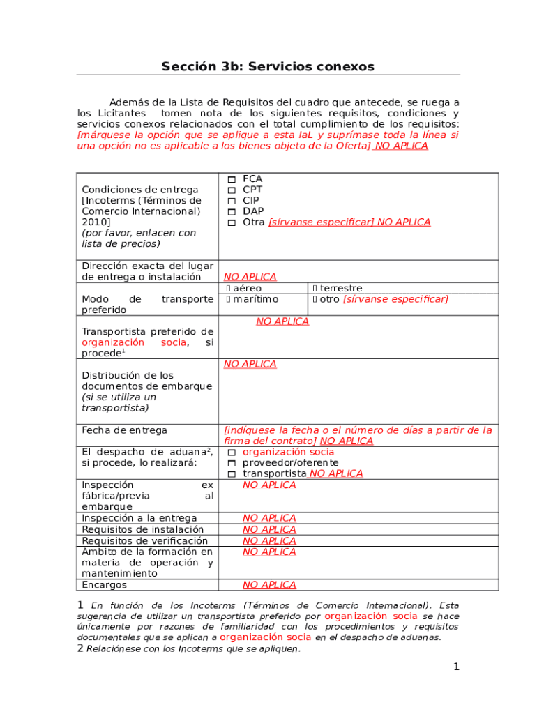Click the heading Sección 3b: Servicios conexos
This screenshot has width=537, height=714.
[268, 67]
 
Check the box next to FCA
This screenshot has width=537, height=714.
[232, 180]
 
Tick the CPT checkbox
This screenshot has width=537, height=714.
[232, 190]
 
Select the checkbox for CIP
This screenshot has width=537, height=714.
[232, 201]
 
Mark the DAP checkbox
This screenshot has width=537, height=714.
[232, 212]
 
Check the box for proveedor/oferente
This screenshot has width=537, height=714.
[232, 463]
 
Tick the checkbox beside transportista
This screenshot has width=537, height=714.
[232, 474]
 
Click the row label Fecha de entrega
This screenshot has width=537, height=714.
[114, 431]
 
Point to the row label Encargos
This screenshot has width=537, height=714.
[105, 585]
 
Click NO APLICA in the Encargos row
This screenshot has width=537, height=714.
[269, 585]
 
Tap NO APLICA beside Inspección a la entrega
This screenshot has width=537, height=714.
[269, 518]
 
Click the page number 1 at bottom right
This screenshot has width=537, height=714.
[456, 667]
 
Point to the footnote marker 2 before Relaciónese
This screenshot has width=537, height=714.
[80, 648]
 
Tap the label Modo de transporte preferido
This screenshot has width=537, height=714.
[147, 304]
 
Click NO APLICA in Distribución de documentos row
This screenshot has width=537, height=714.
[250, 364]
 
